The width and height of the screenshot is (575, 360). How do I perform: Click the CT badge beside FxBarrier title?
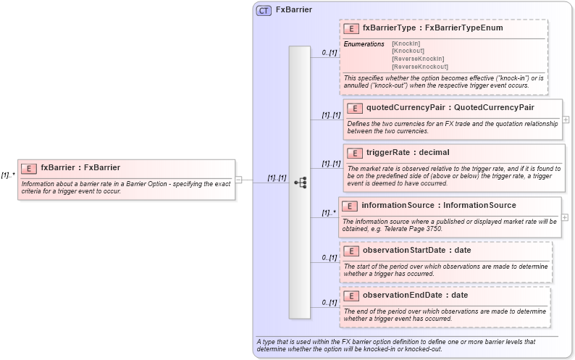pos(264,10)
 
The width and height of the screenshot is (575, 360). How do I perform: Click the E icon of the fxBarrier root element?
pos(29,168)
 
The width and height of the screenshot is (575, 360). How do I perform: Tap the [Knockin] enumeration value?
pos(406,44)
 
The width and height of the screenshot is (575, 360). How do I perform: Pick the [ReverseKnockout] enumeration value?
pos(420,67)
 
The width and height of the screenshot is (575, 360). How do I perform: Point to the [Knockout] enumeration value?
pos(408,51)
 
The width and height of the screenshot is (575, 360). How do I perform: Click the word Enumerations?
pos(364,44)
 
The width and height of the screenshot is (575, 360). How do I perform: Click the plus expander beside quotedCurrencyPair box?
pos(566,120)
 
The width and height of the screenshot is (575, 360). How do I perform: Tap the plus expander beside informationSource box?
pos(565,217)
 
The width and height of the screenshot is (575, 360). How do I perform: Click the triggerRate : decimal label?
pos(408,153)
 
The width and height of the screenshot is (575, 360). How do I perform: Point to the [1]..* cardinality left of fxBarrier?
pos(8,175)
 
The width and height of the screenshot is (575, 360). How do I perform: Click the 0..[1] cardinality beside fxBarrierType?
pos(330,53)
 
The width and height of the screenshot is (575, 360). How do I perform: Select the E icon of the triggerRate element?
pos(354,153)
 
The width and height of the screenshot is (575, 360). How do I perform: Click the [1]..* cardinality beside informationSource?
pos(330,213)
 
